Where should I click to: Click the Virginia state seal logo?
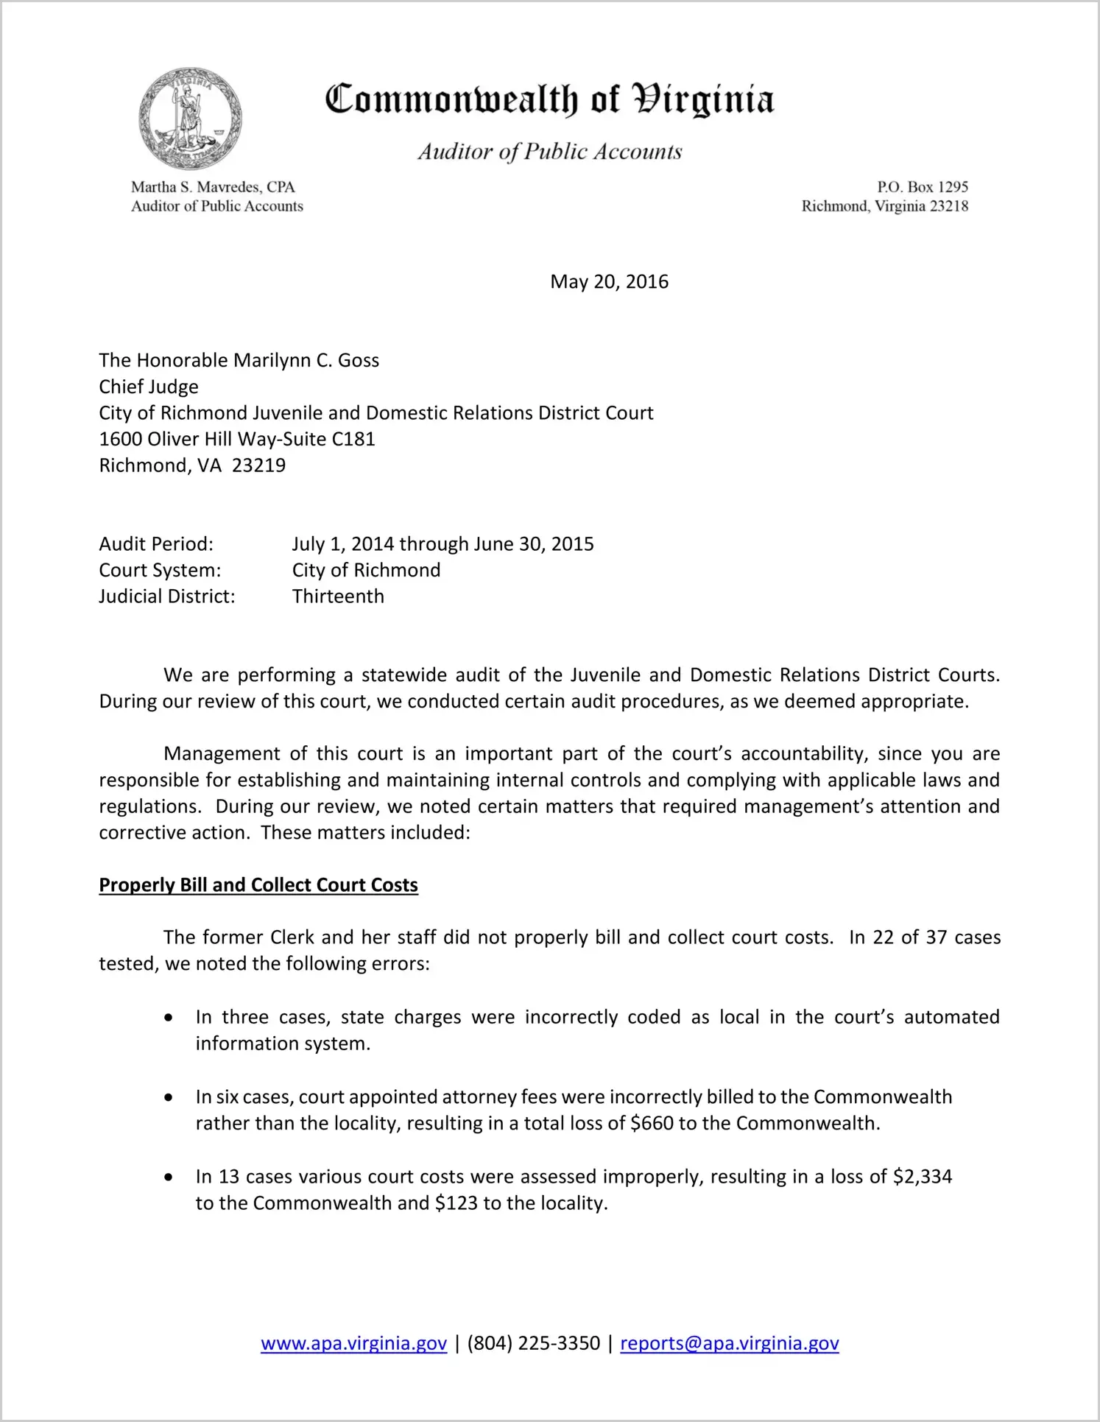click(190, 119)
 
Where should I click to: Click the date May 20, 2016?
click(609, 282)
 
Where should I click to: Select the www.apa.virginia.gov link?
click(353, 1343)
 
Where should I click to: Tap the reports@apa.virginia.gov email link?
click(729, 1343)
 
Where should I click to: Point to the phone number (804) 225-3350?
click(533, 1343)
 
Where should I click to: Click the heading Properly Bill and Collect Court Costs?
click(258, 885)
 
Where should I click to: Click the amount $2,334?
click(923, 1177)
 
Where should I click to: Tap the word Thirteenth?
click(338, 596)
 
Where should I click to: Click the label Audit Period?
click(156, 544)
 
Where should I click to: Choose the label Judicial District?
click(167, 596)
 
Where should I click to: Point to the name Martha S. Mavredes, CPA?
click(213, 187)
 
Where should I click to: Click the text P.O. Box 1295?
click(922, 187)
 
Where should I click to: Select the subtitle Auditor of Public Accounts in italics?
click(550, 152)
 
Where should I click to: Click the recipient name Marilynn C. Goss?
click(306, 361)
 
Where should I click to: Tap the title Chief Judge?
click(149, 387)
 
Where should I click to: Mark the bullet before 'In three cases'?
click(169, 1018)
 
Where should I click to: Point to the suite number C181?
click(353, 440)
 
